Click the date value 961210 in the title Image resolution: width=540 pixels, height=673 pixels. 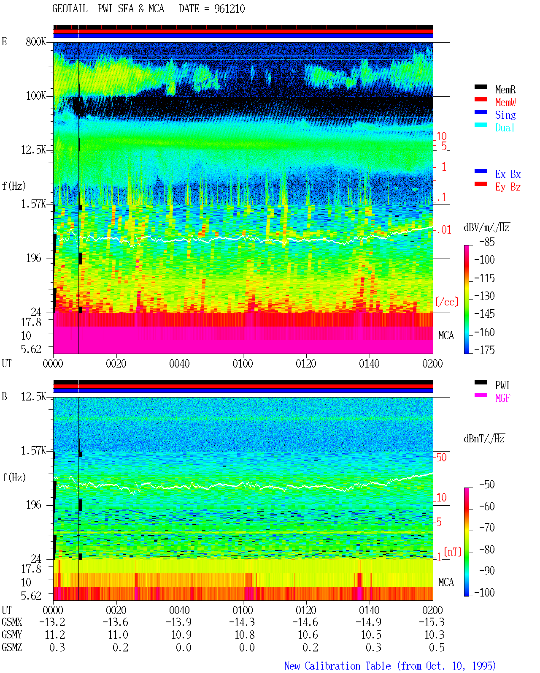[229, 8]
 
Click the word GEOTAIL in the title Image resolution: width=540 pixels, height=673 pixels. [70, 8]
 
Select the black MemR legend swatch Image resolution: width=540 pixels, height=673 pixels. [481, 87]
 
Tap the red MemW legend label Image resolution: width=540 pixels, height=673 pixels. [505, 102]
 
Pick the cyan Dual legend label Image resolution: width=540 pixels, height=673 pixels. [505, 127]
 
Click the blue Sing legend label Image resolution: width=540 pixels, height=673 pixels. [505, 115]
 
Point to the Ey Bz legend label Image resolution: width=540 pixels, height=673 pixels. [508, 187]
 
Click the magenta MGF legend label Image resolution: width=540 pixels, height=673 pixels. [502, 398]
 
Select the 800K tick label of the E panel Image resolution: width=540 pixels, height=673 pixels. [36, 41]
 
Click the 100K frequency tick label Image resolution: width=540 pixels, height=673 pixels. [36, 96]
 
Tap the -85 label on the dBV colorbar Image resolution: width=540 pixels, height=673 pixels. [487, 242]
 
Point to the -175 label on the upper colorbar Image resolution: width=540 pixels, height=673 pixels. [484, 350]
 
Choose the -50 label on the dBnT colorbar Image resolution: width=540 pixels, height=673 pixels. [487, 485]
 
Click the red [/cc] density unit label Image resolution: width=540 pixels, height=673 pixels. [447, 302]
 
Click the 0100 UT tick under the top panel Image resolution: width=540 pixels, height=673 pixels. [243, 364]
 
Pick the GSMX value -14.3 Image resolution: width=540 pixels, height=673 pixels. [242, 622]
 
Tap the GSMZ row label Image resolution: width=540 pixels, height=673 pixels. [12, 647]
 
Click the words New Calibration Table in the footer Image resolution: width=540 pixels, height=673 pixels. [337, 666]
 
